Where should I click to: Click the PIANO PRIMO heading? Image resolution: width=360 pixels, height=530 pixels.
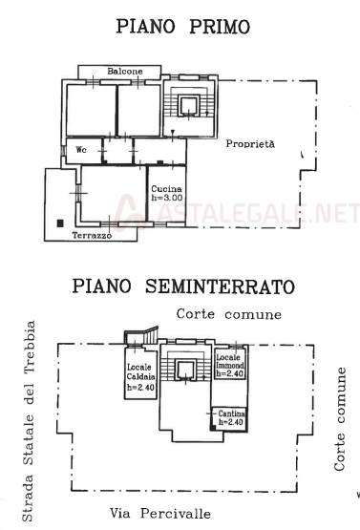tap(183, 27)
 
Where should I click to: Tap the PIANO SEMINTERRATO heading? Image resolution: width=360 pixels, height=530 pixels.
tap(183, 286)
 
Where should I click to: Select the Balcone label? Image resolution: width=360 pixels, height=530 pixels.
tap(125, 72)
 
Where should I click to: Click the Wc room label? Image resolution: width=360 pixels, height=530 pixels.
tap(81, 149)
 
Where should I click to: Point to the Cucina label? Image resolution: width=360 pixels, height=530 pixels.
tap(166, 189)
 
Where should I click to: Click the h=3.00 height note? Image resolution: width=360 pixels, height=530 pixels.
tap(167, 198)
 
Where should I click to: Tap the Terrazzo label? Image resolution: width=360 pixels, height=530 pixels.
tap(92, 235)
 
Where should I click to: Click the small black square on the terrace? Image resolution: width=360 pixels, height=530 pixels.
tap(60, 223)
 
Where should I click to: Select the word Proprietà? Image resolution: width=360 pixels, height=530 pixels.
tap(250, 143)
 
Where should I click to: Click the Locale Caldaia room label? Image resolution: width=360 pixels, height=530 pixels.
tap(141, 371)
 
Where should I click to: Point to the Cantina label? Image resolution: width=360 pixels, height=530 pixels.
tap(231, 413)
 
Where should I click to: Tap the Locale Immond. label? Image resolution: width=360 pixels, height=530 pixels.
tap(230, 361)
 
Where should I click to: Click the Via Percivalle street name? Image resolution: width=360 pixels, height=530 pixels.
tap(160, 514)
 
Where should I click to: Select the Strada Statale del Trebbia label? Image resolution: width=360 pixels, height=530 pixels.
tap(29, 421)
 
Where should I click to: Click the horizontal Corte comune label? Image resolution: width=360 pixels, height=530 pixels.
tap(229, 314)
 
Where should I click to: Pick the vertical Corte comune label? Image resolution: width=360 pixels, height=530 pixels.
tap(339, 419)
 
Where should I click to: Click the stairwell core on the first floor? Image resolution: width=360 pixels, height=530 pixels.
tap(188, 106)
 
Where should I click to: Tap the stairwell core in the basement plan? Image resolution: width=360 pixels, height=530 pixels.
tap(185, 370)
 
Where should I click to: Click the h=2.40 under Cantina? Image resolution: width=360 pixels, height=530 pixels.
tap(231, 422)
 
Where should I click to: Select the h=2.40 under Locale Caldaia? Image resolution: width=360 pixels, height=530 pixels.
tap(140, 388)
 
